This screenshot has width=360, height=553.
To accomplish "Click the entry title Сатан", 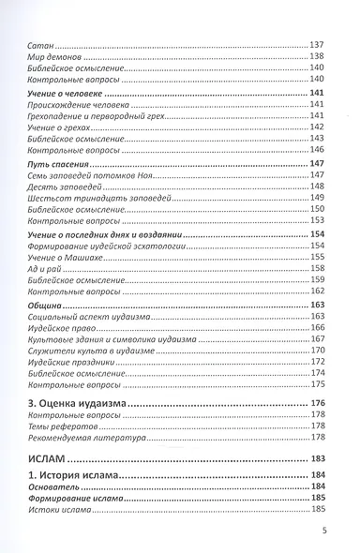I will click(41, 45).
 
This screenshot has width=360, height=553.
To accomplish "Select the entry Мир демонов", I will click(54, 57).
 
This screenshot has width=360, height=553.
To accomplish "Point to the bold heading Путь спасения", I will click(60, 163).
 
